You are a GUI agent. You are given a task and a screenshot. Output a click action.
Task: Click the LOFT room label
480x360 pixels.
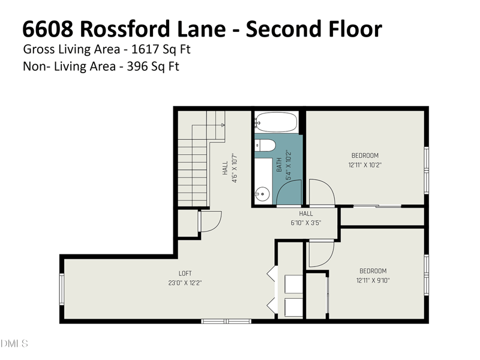[x=185, y=274]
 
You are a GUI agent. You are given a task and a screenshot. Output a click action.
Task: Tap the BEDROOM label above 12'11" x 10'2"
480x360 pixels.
[x=365, y=155]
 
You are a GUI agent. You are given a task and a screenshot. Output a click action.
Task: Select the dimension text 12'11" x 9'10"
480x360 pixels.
[x=373, y=280]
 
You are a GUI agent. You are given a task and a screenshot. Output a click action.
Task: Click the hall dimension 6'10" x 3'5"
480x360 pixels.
[x=306, y=223]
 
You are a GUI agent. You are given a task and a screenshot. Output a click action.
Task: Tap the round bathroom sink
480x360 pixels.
[x=262, y=193]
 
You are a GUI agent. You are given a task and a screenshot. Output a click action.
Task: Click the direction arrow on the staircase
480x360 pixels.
[x=223, y=124]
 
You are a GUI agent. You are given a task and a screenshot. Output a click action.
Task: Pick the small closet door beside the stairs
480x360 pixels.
[x=210, y=221]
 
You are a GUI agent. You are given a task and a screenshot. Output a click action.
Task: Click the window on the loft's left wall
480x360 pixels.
[x=62, y=288]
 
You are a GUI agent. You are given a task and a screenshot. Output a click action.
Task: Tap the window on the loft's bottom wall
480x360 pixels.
[x=226, y=321]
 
